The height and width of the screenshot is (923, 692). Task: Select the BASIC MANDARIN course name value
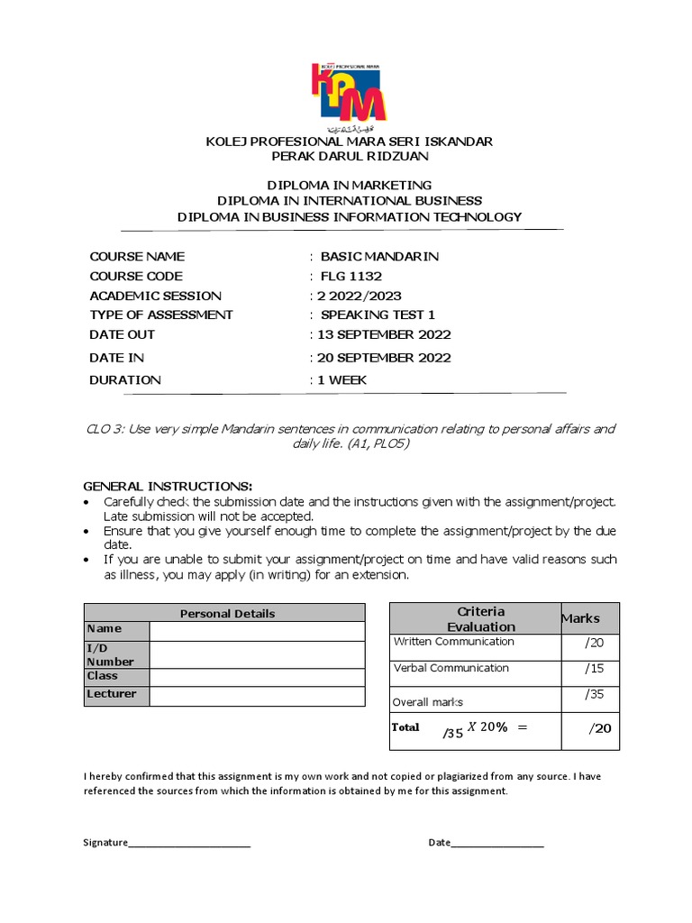pos(379,257)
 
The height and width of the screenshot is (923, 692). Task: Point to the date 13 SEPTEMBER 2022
pos(383,334)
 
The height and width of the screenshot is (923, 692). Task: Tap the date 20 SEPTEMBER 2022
pos(383,358)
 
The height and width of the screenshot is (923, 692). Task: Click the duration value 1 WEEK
pos(341,380)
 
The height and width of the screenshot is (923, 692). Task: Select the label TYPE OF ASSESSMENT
pos(161,315)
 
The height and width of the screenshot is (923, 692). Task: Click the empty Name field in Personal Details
pos(257,630)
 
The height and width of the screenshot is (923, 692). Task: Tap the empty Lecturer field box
pos(257,695)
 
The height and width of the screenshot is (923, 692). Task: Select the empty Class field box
pos(257,677)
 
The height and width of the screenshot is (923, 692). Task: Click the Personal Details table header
pos(227,613)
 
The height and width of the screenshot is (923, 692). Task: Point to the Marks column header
pos(580,618)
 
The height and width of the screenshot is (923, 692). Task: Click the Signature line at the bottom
pos(189,843)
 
